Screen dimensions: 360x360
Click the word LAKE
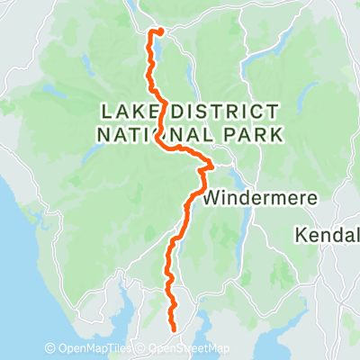127,112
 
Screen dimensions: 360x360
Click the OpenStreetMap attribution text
189,349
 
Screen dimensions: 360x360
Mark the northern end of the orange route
158,31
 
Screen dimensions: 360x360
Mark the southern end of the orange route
172,330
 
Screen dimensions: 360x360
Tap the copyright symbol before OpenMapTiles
51,349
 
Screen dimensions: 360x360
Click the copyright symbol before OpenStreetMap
142,349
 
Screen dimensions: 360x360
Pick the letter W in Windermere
212,196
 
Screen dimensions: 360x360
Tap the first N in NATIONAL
100,134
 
